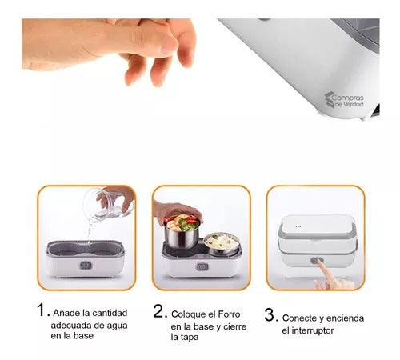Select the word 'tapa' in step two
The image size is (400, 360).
tap(186, 337)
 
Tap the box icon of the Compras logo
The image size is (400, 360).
tap(330, 99)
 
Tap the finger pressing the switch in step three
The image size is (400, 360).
tap(326, 282)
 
